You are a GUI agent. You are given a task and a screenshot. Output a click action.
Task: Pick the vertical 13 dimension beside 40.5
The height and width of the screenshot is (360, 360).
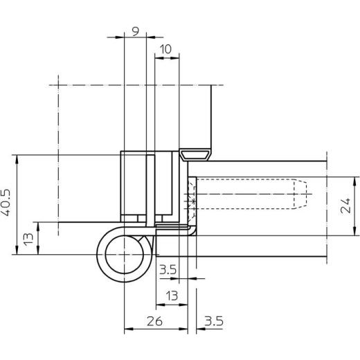pyautogui.click(x=28, y=240)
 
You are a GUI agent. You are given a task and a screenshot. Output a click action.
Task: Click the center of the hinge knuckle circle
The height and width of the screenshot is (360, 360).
pyautogui.click(x=124, y=255)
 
